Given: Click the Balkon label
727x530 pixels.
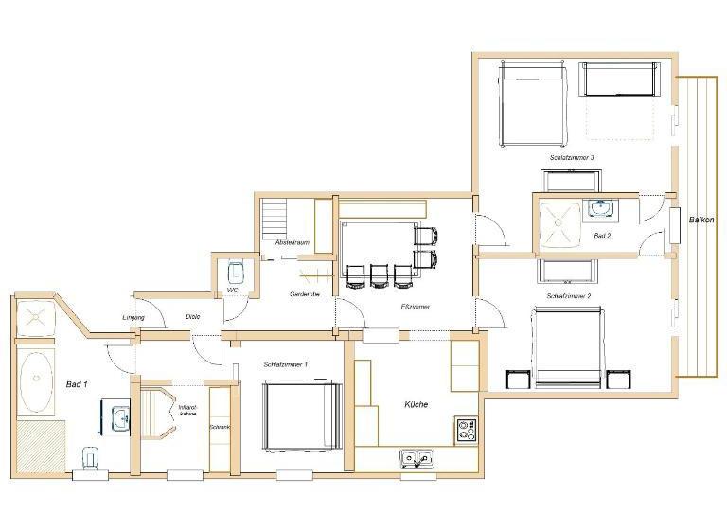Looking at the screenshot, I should (x=701, y=221).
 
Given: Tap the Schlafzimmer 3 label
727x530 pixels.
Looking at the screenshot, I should (x=571, y=158).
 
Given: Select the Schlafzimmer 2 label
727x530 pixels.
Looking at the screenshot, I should (x=569, y=296).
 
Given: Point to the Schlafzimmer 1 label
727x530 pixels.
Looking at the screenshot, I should (x=286, y=364).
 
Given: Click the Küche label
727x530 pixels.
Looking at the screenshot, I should (x=415, y=404).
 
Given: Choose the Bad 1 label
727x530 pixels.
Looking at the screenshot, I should (x=77, y=384).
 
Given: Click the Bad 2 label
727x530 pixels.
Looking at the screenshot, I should (x=603, y=234).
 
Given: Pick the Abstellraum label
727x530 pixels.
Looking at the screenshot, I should (x=293, y=243).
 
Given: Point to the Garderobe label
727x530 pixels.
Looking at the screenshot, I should (x=305, y=295).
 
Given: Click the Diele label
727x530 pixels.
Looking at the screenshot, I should (x=191, y=317).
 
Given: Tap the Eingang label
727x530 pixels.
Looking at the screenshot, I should (x=133, y=317).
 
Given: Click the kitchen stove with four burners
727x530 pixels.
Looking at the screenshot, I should (x=466, y=430).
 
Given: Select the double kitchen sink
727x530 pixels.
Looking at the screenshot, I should (x=417, y=459).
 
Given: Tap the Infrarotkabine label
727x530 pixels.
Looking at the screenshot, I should (x=187, y=412).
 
